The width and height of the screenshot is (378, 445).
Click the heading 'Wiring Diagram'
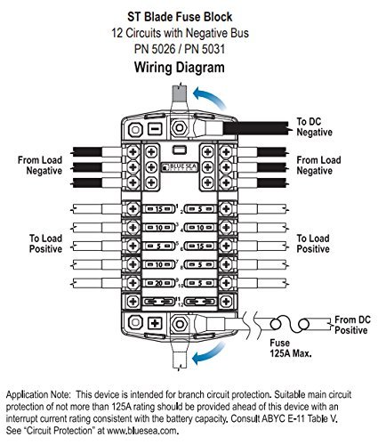[180, 68]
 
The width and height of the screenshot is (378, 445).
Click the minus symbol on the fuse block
[155, 129]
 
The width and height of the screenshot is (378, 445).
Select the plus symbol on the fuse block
[155, 323]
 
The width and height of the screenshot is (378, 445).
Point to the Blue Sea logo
[180, 167]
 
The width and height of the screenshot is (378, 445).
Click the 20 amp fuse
[159, 283]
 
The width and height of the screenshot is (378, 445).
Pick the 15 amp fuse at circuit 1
[159, 209]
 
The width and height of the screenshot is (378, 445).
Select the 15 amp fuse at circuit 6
[200, 246]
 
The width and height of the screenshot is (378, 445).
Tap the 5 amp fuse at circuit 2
[200, 209]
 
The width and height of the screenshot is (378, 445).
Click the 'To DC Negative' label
[314, 126]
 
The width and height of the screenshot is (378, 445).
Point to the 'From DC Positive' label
[352, 325]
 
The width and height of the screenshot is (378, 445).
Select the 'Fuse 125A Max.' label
[291, 348]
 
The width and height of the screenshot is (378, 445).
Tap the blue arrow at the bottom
[209, 353]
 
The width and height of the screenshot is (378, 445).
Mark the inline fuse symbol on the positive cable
[290, 324]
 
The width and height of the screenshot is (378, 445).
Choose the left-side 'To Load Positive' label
[45, 244]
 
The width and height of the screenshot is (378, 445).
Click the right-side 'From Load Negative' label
[318, 166]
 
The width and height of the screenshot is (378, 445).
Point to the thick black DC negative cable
[255, 128]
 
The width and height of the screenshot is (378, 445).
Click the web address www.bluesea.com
[142, 431]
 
